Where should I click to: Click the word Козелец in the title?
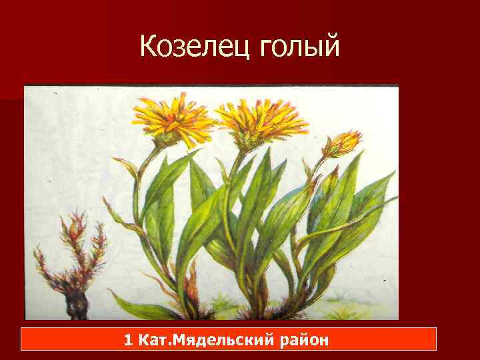[x=194, y=46]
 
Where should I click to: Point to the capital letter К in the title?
[x=149, y=46]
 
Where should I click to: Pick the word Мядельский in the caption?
[x=219, y=341]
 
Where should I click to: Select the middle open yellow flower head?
[x=259, y=119]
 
